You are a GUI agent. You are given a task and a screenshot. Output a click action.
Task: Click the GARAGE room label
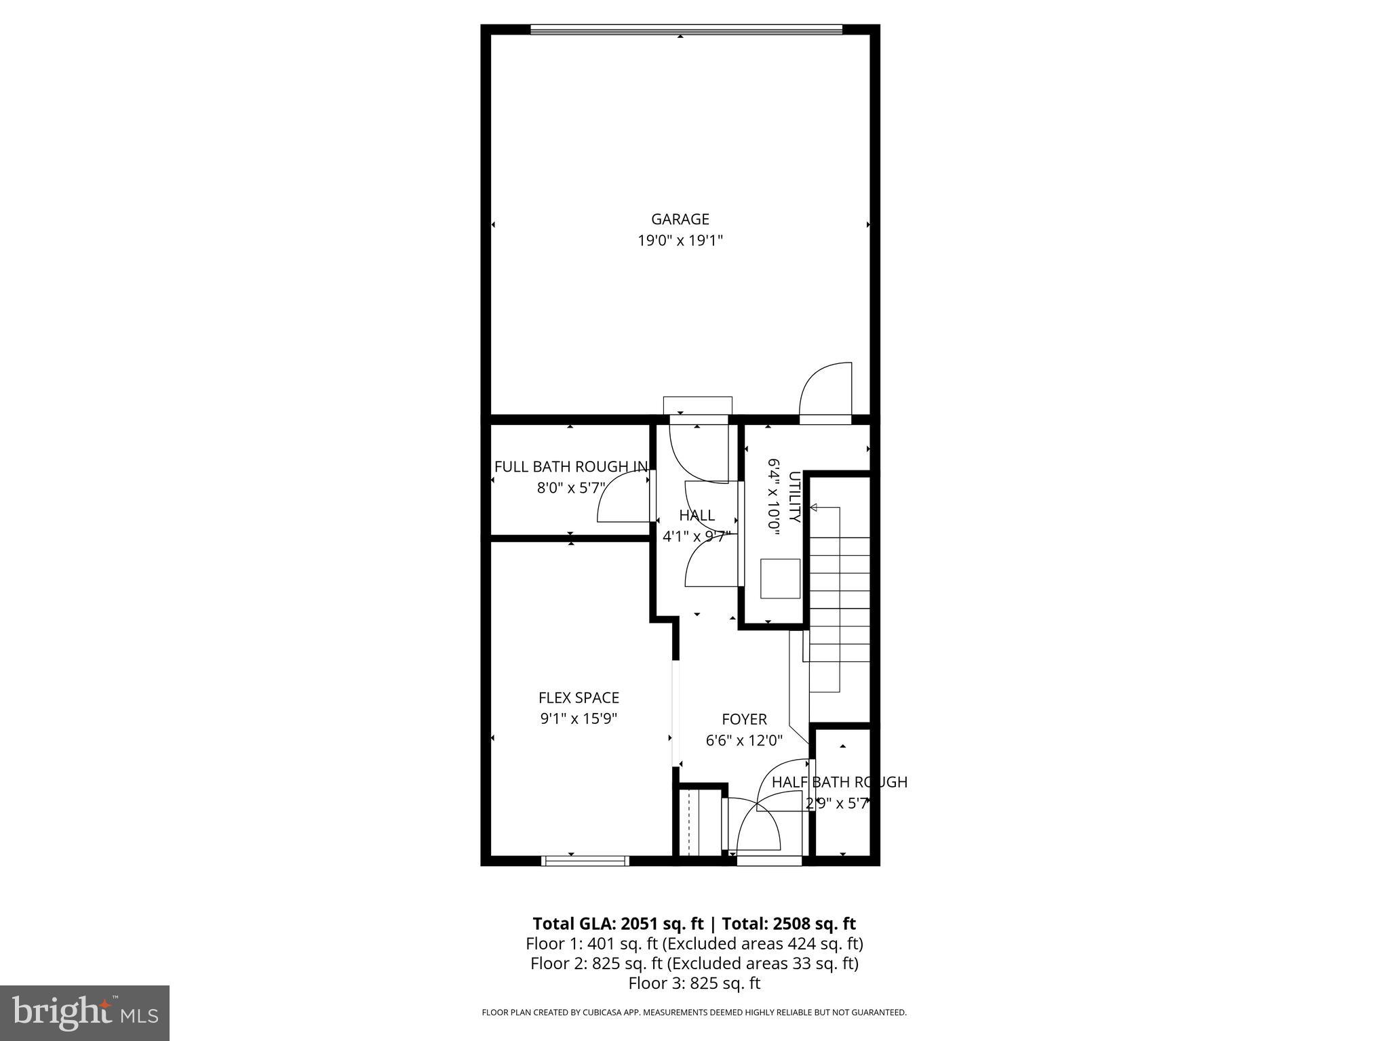pos(680,219)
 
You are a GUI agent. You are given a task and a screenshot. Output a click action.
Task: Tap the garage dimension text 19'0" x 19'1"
pos(680,241)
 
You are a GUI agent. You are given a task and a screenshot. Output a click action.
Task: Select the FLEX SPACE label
pos(579,697)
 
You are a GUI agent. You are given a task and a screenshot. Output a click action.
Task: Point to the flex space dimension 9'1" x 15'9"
pos(579,718)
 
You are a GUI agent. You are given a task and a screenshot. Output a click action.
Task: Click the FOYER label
pos(744,719)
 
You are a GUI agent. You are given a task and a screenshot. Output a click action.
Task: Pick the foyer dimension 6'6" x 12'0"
pos(744,740)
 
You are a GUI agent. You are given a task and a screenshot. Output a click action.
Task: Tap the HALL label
pos(697,515)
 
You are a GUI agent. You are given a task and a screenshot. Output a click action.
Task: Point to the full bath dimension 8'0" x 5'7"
pos(570,487)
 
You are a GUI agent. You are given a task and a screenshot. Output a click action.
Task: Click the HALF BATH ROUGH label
pos(839,782)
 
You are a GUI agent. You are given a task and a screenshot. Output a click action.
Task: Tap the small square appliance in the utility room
pos(780,578)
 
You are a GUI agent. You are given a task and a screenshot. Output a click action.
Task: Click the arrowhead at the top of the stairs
pos(813,508)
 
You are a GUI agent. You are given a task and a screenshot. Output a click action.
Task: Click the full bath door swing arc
pos(621,498)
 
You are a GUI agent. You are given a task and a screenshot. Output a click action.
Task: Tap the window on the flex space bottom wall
pos(585,861)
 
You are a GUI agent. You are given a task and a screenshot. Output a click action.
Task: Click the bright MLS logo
pos(85,1013)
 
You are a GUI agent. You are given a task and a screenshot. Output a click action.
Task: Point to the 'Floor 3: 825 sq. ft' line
pos(694,983)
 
